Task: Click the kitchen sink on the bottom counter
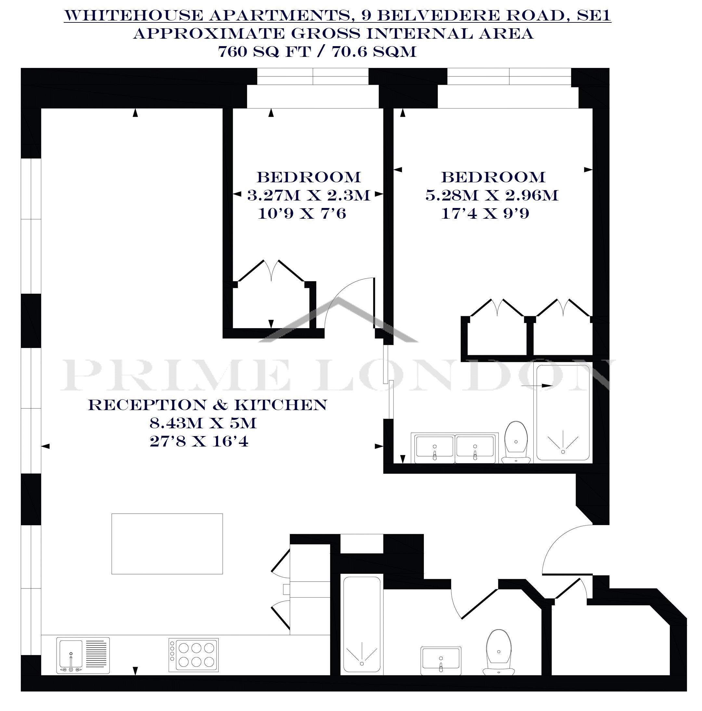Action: (x=83, y=661)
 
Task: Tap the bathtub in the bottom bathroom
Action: (x=362, y=630)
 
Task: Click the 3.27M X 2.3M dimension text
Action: (x=308, y=195)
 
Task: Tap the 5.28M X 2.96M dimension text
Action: (x=492, y=195)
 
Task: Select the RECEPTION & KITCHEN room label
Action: (x=208, y=405)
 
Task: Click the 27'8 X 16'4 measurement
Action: (x=199, y=441)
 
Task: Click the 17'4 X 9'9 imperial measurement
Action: (x=485, y=213)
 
